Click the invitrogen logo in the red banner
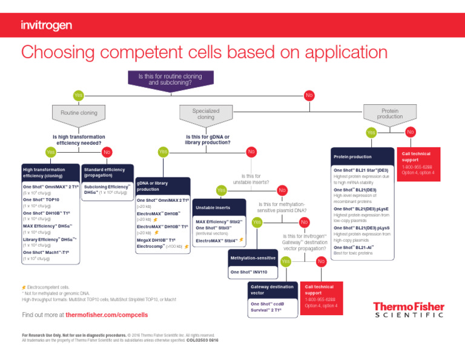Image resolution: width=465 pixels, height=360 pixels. (x=46, y=25)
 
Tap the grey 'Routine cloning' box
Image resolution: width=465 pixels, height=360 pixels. (x=79, y=113)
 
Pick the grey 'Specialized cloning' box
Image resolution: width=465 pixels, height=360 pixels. (x=205, y=113)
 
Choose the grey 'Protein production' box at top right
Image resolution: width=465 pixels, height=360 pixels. (x=390, y=113)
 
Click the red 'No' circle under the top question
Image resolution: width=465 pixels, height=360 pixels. (x=309, y=96)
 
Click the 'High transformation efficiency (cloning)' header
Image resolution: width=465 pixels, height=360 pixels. (x=48, y=173)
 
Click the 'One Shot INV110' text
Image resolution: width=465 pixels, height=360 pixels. (x=248, y=272)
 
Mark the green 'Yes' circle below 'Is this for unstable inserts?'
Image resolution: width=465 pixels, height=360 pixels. (x=222, y=190)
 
